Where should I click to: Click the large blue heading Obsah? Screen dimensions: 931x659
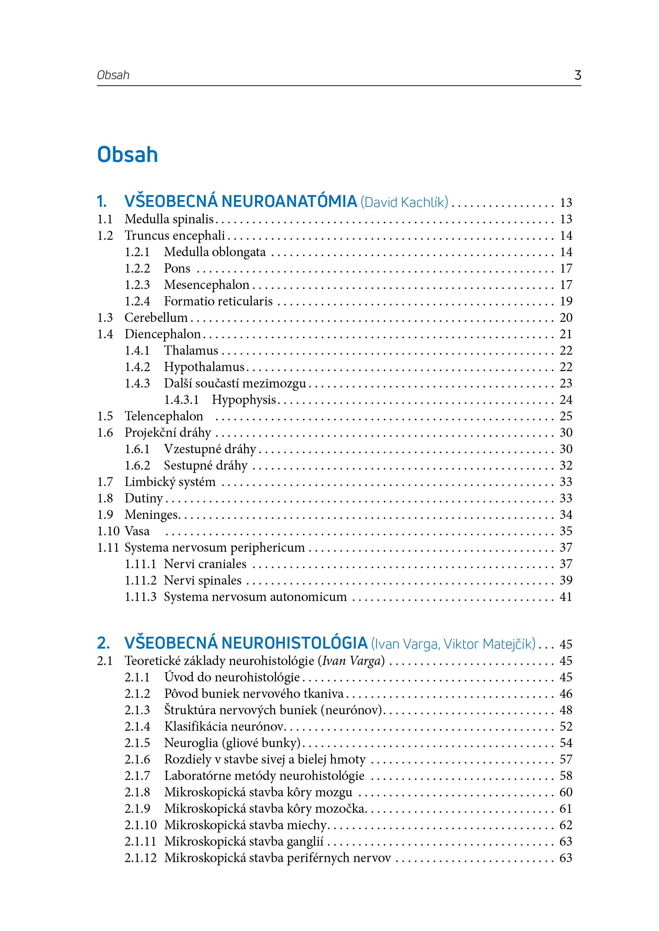(127, 155)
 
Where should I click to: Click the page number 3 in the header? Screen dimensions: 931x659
(577, 75)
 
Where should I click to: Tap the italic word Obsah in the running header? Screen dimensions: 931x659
(113, 75)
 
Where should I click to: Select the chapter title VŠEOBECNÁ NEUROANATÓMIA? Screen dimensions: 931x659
(240, 202)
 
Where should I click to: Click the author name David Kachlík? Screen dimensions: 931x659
(404, 202)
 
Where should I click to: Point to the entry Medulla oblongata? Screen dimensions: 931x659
(215, 252)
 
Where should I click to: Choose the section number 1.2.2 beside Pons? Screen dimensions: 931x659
(137, 268)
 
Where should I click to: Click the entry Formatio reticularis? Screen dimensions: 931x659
(218, 301)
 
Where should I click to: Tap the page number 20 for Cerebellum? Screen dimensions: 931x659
(566, 318)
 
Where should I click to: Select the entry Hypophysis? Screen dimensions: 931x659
(244, 400)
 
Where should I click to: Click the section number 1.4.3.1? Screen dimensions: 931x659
(181, 400)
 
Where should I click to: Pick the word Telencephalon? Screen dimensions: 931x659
(163, 416)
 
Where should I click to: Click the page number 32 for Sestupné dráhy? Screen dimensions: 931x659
(566, 465)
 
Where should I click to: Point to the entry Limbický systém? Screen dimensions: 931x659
(170, 482)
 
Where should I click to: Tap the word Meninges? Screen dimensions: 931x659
(152, 515)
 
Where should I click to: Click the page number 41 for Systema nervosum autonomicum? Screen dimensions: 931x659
(566, 597)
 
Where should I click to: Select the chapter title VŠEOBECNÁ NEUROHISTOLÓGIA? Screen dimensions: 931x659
(246, 643)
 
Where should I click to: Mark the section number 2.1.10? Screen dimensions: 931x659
(140, 825)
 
